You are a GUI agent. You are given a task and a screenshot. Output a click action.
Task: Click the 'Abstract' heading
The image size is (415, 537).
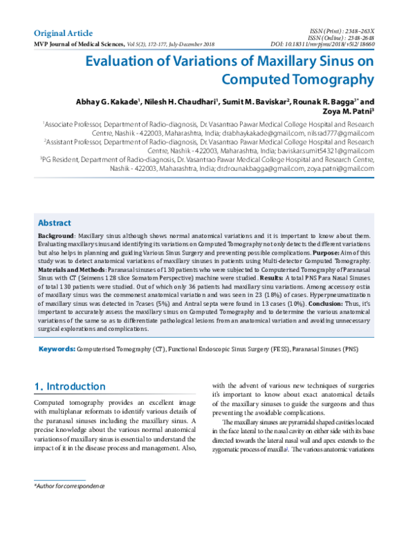54,223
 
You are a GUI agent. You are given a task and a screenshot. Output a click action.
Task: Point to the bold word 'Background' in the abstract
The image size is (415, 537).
56,236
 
